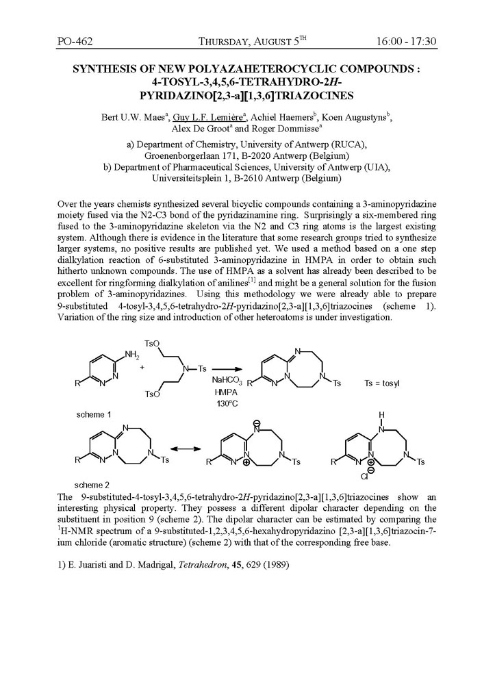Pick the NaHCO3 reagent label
pos(226,379)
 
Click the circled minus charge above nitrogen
pos(257,425)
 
